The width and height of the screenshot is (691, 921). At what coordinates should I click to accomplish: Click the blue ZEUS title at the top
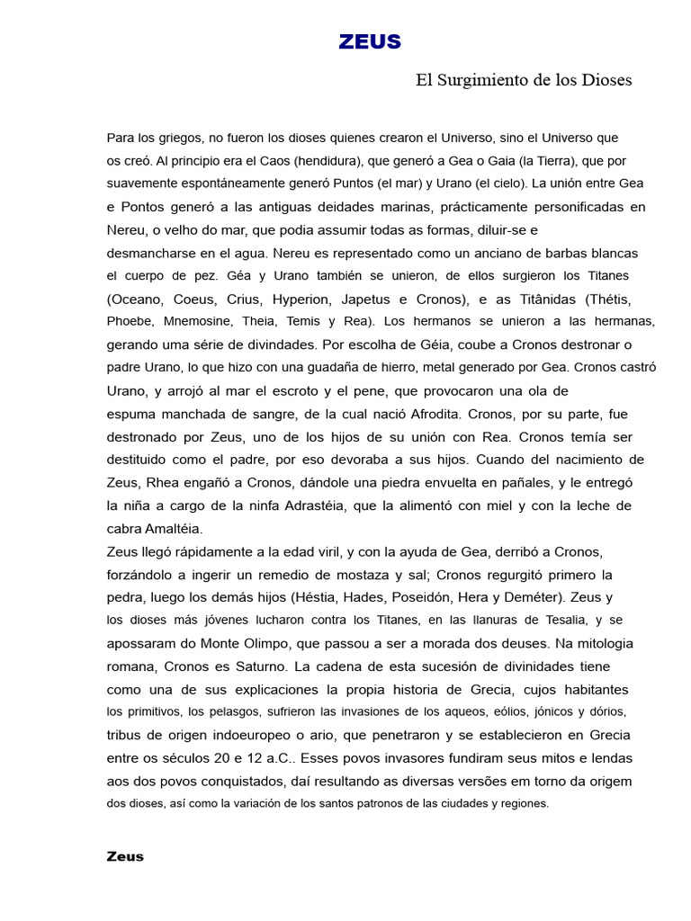[x=370, y=41]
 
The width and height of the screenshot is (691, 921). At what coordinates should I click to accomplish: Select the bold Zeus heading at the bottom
[x=125, y=856]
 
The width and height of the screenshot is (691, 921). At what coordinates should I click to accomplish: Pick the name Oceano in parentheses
[x=139, y=299]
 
